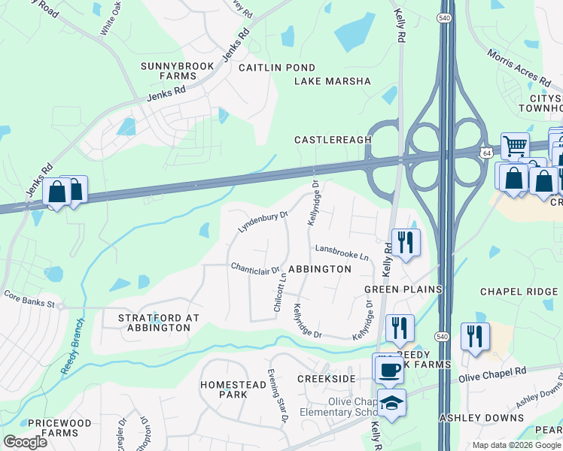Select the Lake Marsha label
point(333,81)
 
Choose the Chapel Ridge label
point(519,292)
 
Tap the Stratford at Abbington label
point(159,322)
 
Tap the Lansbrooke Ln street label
point(342,253)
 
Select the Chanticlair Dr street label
point(255,268)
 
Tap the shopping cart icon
point(515,145)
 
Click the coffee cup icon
point(389,369)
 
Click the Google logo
point(25,442)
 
